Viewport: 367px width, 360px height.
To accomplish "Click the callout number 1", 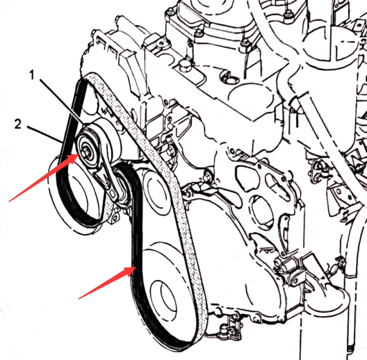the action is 32,75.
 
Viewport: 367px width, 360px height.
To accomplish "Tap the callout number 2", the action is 18,124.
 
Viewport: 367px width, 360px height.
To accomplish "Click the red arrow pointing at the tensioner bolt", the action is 43,178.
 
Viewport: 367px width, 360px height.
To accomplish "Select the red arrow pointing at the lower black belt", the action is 107,283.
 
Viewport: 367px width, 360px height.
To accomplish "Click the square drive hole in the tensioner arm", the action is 113,193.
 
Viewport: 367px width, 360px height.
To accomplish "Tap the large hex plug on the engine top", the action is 184,66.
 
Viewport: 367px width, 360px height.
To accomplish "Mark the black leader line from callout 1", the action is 62,102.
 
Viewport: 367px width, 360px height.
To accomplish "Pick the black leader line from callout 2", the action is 44,134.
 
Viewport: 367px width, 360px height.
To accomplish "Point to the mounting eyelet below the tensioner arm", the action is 115,218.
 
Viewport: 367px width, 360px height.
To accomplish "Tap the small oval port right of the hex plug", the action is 226,75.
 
